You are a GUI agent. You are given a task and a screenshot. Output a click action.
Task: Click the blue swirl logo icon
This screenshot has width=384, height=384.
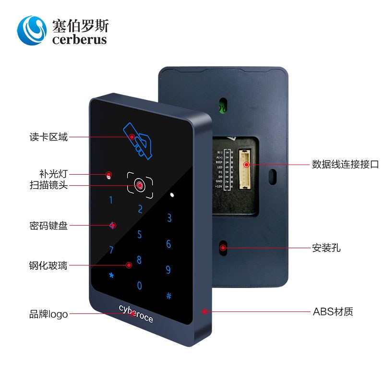(32, 30)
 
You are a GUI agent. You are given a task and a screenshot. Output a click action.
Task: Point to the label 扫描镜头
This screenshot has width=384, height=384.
(48, 185)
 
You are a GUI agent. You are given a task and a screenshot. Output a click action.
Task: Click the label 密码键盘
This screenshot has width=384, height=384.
(48, 226)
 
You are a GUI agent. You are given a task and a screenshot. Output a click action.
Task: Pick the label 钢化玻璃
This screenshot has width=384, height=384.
(48, 265)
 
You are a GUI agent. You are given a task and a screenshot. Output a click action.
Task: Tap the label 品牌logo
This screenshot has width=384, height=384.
(48, 315)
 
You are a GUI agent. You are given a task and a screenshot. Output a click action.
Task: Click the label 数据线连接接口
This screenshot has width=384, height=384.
(345, 165)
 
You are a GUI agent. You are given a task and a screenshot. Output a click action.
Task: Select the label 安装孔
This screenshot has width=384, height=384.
(326, 248)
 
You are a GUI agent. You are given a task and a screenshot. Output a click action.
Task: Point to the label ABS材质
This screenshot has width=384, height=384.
(333, 312)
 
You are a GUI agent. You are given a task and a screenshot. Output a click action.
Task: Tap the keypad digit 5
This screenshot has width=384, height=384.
(140, 235)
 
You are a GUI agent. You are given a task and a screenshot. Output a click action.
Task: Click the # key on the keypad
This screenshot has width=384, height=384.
(169, 296)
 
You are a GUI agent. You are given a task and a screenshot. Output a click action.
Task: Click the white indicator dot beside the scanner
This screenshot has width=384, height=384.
(172, 195)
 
